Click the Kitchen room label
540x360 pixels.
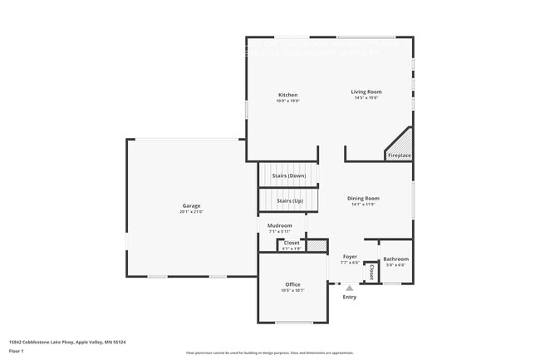click(x=287, y=95)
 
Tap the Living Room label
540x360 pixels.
click(x=366, y=91)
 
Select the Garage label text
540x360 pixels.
click(x=191, y=205)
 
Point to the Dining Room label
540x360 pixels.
click(x=363, y=198)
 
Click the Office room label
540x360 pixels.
click(x=292, y=284)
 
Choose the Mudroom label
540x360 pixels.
click(x=279, y=225)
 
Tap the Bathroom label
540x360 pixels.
click(x=395, y=259)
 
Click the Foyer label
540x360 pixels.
click(x=350, y=257)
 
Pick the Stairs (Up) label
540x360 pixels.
click(x=290, y=200)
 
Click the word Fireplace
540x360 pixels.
click(x=400, y=155)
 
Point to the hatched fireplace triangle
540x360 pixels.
click(x=402, y=141)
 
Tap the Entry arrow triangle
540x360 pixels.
click(x=350, y=288)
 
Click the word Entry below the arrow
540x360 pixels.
click(x=350, y=297)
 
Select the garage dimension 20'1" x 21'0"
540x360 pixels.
click(x=191, y=212)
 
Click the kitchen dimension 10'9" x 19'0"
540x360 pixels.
click(x=287, y=101)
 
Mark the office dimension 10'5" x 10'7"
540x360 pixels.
click(x=292, y=291)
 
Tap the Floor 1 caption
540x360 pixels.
click(x=17, y=351)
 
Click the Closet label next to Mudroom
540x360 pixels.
click(x=292, y=243)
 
